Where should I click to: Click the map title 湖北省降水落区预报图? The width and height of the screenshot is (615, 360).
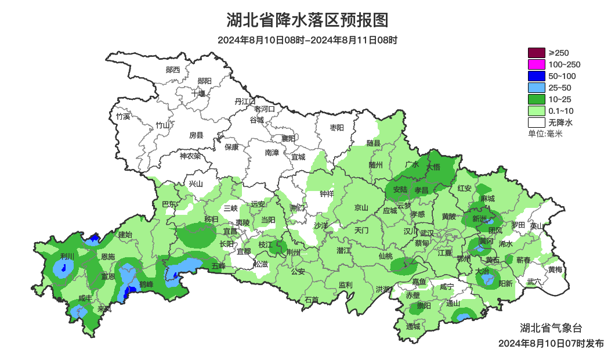pos(307,20)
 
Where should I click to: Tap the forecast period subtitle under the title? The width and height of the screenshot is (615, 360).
pos(307,41)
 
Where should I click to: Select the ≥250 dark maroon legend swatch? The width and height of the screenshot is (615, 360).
pos(537,53)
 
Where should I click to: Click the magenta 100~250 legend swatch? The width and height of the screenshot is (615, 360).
pos(537,64)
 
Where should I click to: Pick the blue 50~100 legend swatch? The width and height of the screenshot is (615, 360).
pos(537,76)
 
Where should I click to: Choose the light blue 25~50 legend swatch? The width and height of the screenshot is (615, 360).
pos(537,88)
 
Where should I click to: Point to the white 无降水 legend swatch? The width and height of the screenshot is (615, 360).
pos(537,123)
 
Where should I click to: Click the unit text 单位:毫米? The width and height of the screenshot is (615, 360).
pos(545,134)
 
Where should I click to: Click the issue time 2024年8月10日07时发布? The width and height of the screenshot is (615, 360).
pos(551,344)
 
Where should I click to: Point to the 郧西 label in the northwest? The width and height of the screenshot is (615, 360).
pos(173,70)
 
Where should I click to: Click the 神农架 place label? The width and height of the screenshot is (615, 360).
pos(190,156)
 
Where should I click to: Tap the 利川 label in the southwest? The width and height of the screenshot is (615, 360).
pos(67,257)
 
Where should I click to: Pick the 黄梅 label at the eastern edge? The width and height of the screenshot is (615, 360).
pos(555,269)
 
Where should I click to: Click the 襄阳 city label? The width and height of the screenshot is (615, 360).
pos(288,138)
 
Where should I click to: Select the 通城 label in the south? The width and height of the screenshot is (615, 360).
pos(413,326)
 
